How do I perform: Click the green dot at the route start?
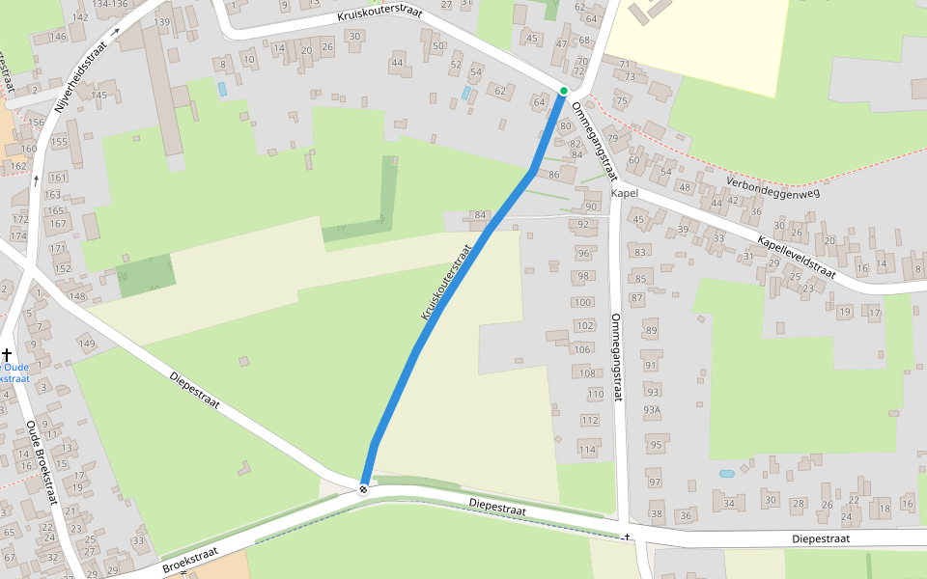point(564,91)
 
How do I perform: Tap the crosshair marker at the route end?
point(364,489)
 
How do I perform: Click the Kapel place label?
point(625,194)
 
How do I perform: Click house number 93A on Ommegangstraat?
point(653,410)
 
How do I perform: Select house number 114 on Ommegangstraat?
point(587,450)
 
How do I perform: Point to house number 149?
point(87,344)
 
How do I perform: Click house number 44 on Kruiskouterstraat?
point(397,63)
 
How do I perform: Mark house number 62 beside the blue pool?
point(499,91)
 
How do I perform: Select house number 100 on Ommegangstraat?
point(582,302)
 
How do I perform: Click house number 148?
point(77,295)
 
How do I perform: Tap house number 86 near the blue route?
point(553,175)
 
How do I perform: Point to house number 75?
point(622,101)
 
